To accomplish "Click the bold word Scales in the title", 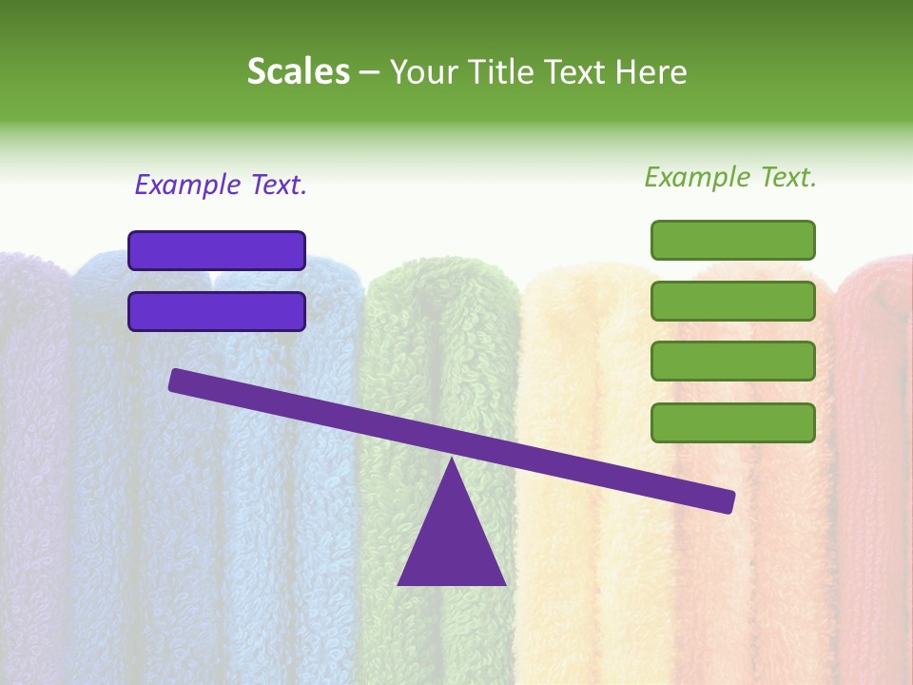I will (x=298, y=71).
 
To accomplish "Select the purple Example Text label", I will (x=221, y=186).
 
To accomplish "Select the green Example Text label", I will (x=730, y=177).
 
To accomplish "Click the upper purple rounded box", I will (x=217, y=250).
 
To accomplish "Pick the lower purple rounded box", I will (x=217, y=311).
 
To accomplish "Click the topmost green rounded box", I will (x=732, y=240).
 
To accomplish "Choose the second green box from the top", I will (x=732, y=301).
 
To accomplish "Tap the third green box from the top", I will (x=732, y=362).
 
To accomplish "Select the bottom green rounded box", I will (x=732, y=422).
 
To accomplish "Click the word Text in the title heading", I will (x=573, y=71).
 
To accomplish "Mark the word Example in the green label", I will (x=697, y=177).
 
